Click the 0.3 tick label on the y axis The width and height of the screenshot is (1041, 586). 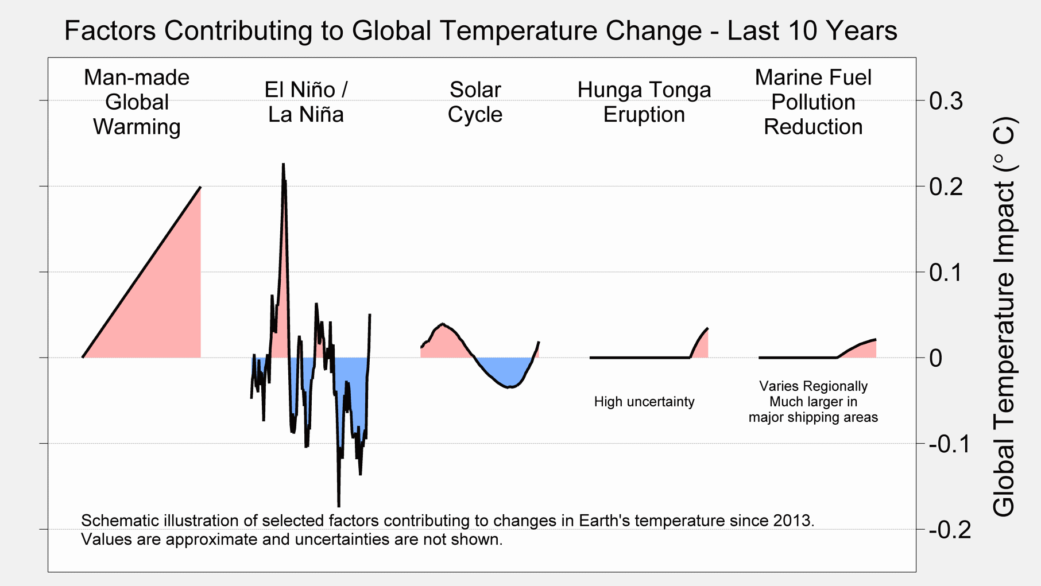point(946,102)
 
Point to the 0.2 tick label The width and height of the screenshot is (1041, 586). point(946,187)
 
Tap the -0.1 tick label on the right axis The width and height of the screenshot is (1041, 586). point(949,444)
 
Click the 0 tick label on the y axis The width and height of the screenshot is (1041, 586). point(935,359)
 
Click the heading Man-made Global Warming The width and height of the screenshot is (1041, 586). point(137,102)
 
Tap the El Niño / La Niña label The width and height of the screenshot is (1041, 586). point(306,102)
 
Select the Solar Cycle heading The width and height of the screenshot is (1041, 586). point(475,102)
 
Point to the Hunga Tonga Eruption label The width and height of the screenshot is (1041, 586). point(644,102)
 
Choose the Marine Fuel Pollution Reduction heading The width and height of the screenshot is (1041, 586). point(812,102)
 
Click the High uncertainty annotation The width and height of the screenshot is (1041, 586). point(644,402)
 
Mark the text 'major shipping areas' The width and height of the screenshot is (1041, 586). point(812,417)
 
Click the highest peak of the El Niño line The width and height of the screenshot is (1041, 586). point(283,165)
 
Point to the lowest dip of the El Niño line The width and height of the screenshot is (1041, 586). point(339,506)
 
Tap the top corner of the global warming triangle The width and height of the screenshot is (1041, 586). point(200,187)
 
